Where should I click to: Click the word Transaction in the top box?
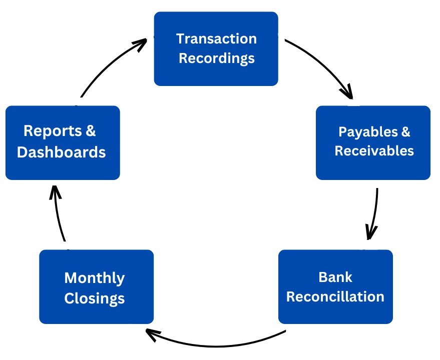[217, 39]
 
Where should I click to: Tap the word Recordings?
[217, 58]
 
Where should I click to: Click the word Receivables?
[374, 150]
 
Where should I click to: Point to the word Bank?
[335, 276]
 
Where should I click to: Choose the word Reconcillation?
[335, 296]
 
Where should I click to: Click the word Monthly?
[95, 278]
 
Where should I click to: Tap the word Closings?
[95, 299]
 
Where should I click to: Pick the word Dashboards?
[62, 152]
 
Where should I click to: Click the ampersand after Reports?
[90, 131]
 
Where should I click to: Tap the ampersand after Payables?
[405, 132]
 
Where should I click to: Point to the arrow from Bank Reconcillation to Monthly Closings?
[215, 344]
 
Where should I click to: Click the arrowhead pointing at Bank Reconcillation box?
[371, 232]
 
